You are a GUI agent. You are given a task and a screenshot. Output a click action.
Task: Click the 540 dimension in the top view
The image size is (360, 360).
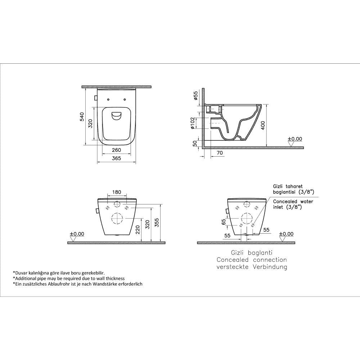click(x=82, y=117)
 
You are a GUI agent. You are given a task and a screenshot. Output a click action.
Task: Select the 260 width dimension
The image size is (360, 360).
click(x=116, y=150)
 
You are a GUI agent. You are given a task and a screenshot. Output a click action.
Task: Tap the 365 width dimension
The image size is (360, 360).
click(x=116, y=158)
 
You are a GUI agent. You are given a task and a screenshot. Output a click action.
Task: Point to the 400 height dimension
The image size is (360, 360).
click(x=263, y=125)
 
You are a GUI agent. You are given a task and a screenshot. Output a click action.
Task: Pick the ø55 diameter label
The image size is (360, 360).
click(x=195, y=95)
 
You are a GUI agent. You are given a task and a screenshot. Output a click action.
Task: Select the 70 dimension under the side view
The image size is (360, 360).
click(x=220, y=153)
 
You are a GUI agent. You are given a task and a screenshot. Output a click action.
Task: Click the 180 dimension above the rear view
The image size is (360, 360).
click(x=117, y=192)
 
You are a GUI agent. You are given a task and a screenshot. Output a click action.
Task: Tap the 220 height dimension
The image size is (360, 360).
click(x=138, y=230)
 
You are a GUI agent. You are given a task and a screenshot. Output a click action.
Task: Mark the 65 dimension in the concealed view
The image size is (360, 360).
click(x=224, y=222)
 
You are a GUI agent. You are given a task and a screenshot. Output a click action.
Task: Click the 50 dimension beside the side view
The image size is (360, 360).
click(x=195, y=144)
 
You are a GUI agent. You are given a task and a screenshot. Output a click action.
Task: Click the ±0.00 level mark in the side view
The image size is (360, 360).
click(x=295, y=139)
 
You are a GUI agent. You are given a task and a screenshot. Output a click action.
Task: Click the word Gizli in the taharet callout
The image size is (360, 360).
click(x=278, y=186)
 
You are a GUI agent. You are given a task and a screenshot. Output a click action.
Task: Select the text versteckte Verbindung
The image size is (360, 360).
click(x=252, y=267)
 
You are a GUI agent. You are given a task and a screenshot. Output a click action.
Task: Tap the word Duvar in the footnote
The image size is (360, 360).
click(x=19, y=273)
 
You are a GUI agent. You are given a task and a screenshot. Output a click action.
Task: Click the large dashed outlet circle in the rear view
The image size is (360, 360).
click(x=117, y=219)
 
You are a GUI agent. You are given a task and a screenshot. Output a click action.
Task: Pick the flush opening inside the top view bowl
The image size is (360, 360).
click(x=117, y=116)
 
